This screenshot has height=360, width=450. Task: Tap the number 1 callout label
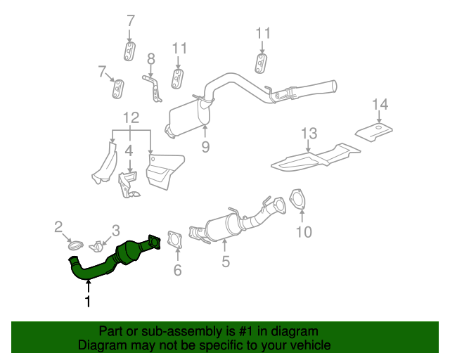88,302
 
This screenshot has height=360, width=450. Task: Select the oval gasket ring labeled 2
74,245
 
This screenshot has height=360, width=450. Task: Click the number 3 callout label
116,230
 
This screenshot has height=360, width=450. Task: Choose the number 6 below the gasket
177,270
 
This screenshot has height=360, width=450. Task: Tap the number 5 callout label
225,263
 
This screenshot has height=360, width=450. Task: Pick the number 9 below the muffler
205,147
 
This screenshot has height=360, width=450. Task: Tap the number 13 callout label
309,133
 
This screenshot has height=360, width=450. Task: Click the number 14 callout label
380,105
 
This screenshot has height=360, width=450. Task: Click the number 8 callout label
150,58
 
